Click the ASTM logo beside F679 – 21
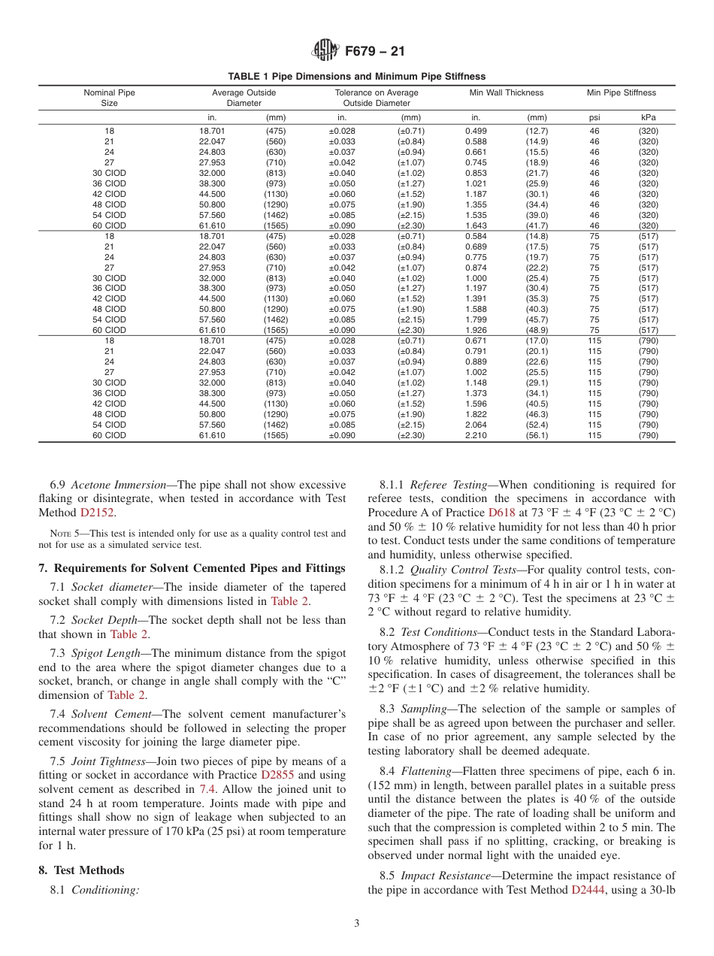coord(325,51)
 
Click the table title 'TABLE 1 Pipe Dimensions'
coord(357,76)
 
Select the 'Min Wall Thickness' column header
coord(506,92)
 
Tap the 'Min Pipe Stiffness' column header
coord(621,92)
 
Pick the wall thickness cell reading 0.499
coord(476,131)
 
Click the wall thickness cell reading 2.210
coord(476,435)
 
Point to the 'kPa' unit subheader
coord(648,117)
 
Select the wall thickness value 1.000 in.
coord(476,278)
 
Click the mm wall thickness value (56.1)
coord(537,435)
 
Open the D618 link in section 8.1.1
coord(501,513)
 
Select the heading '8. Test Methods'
coord(81,870)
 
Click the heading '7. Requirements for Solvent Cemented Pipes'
coord(192,567)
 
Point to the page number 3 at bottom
coord(357,924)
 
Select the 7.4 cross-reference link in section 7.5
coord(207,788)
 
